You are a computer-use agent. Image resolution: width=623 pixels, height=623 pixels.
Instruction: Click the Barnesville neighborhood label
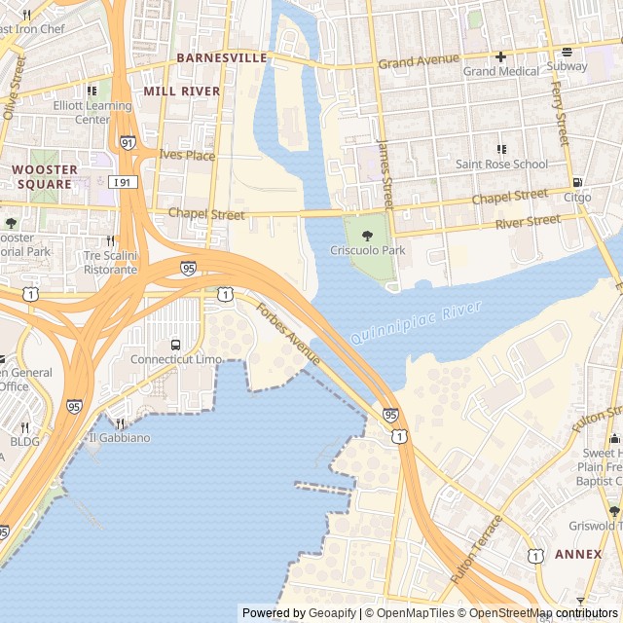(x=221, y=58)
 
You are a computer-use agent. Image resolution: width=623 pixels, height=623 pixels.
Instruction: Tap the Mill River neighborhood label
(x=182, y=91)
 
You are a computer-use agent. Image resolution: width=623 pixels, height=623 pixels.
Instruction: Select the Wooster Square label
(x=42, y=176)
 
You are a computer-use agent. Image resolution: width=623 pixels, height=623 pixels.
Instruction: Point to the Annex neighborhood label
(x=578, y=554)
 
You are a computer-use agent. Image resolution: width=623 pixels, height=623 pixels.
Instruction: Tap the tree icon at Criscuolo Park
(x=366, y=235)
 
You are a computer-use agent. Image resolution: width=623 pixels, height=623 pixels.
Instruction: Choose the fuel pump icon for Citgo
(x=577, y=182)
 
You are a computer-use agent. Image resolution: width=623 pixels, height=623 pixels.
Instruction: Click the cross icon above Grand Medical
(x=500, y=56)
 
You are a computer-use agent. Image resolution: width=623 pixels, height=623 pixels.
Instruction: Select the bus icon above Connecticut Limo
(x=175, y=345)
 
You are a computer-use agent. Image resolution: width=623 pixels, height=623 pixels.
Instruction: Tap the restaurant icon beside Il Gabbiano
(x=121, y=423)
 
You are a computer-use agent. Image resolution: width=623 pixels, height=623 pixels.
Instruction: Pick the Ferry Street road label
(x=561, y=114)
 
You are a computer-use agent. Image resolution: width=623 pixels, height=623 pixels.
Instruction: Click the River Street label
(x=528, y=222)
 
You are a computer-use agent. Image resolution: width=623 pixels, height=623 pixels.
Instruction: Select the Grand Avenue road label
(x=418, y=61)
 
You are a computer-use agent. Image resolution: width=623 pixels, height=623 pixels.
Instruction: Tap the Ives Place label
(x=187, y=155)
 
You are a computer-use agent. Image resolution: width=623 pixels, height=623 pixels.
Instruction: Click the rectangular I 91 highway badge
(x=123, y=182)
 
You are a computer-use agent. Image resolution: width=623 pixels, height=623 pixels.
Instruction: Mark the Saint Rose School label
(x=501, y=165)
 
